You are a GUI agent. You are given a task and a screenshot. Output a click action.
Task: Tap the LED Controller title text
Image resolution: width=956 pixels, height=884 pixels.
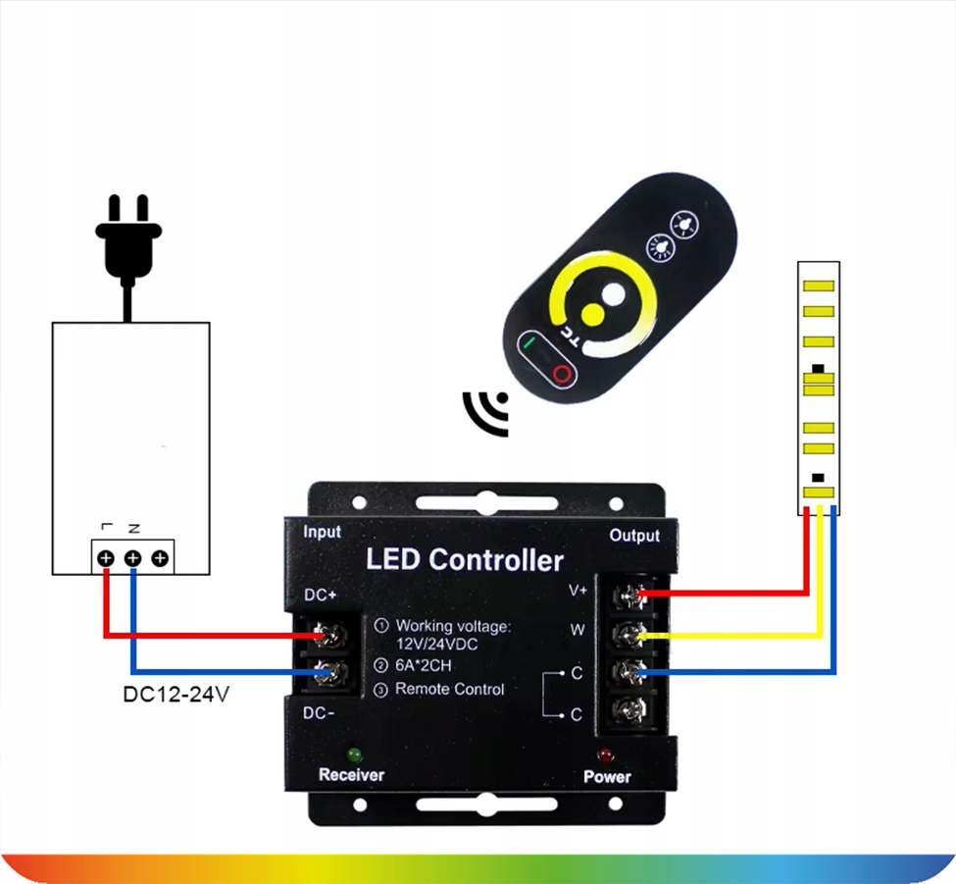465,559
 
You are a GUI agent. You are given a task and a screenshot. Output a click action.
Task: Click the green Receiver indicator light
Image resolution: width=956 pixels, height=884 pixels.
354,755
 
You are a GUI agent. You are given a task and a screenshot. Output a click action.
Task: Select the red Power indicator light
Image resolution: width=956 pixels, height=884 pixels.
605,756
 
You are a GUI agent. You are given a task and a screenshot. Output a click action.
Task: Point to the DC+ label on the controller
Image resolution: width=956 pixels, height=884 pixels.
320,595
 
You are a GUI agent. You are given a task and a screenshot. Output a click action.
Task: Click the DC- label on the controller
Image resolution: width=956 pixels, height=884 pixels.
319,712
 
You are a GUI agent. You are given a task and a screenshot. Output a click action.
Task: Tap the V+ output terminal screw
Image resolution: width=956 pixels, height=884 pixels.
629,595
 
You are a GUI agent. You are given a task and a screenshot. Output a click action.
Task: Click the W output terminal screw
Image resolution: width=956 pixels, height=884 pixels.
630,635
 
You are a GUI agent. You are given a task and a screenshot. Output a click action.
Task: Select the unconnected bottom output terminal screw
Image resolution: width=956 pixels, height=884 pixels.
629,709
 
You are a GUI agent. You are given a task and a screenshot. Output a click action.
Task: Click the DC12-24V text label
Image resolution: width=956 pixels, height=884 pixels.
176,695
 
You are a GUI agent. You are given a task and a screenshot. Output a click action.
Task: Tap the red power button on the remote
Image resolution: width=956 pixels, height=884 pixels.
562,374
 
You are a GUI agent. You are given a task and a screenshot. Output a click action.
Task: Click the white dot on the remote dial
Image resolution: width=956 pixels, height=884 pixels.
614,294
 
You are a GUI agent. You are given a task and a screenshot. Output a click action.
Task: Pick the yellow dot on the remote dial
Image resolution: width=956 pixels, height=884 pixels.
592,314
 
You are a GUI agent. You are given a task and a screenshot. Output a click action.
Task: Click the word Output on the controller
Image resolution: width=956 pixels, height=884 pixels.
634,536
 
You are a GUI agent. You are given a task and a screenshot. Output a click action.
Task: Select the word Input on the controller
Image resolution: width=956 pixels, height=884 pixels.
322,532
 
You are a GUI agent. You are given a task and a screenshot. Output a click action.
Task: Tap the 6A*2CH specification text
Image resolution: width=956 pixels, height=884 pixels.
424,665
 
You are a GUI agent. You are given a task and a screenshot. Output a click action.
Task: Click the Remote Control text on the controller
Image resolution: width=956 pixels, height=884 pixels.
450,689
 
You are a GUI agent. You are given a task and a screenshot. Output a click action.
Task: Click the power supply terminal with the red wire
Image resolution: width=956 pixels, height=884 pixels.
106,558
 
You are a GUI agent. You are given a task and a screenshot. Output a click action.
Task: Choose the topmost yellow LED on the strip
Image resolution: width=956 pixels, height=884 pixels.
818,286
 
